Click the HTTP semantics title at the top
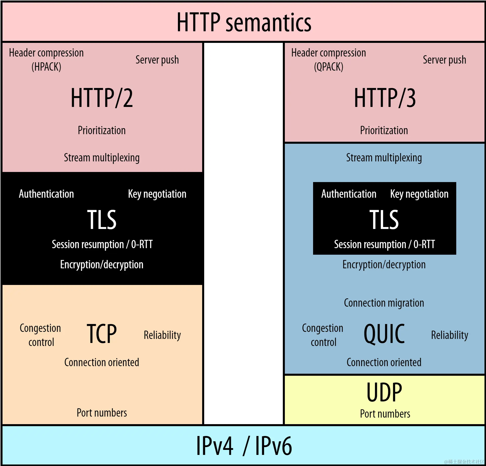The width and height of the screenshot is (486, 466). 244,23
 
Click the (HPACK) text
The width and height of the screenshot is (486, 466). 46,67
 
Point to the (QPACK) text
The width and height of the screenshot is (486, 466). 328,67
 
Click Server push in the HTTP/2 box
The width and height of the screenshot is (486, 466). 157,60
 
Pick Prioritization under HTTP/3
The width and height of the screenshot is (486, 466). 384,130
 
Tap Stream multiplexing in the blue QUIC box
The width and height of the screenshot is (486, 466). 384,158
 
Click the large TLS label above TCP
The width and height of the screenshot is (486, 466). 102,219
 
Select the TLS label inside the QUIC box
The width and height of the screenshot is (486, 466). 384,219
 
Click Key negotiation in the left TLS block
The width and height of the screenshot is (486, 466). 157,194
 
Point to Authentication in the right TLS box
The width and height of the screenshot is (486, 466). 349,194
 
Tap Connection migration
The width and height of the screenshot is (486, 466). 384,303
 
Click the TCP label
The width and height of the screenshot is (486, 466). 102,334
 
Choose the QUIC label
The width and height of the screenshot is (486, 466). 384,334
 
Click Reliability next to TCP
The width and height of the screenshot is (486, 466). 162,335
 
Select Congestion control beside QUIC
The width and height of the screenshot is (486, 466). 323,335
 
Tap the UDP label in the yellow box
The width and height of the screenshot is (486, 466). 384,392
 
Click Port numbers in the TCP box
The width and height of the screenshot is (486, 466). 102,413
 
